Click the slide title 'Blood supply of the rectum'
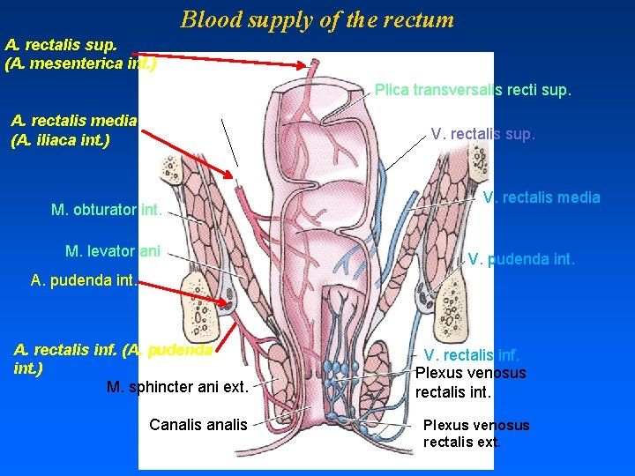(317, 19)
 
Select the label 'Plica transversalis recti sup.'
(473, 90)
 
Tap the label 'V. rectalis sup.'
(482, 134)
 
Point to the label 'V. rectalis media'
(541, 197)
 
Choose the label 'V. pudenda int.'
(520, 259)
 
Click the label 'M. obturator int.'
(106, 210)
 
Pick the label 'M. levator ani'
(113, 251)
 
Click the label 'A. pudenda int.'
(83, 280)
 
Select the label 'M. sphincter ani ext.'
(176, 386)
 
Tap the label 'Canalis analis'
(198, 425)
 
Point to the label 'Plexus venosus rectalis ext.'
(476, 433)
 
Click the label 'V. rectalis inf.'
(472, 355)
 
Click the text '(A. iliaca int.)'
(60, 139)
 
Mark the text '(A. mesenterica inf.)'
(80, 63)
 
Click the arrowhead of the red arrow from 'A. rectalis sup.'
(315, 65)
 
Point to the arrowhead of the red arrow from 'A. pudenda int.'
(231, 298)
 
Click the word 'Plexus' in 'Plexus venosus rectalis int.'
(439, 373)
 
